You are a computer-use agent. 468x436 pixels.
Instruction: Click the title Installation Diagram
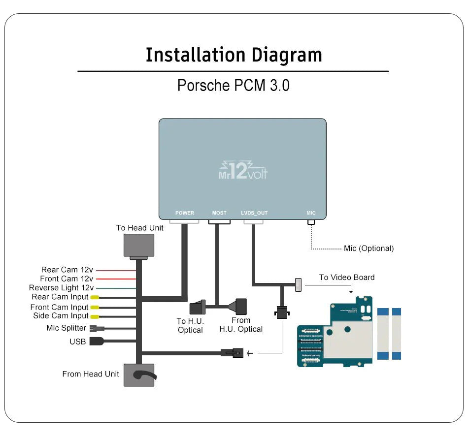234,55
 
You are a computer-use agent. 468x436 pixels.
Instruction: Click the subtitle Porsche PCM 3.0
233,85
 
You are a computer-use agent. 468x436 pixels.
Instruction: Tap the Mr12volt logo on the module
242,171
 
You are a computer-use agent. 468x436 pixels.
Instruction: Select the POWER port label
185,213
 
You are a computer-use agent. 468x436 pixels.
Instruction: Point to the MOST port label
219,213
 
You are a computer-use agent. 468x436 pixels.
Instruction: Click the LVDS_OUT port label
254,213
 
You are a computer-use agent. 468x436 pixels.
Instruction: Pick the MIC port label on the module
311,213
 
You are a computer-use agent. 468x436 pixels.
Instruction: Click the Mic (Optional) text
368,249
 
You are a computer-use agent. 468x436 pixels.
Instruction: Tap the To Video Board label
347,278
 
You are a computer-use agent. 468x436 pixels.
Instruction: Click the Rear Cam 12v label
67,270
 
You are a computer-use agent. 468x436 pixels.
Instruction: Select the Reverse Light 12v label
61,288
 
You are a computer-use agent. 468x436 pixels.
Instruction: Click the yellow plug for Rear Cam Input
94,297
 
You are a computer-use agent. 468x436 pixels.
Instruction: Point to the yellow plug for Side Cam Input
94,316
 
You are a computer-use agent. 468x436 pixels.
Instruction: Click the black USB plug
97,341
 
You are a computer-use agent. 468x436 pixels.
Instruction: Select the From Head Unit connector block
138,375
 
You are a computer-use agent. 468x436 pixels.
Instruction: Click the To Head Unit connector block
138,245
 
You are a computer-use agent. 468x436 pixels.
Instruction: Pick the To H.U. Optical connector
199,307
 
